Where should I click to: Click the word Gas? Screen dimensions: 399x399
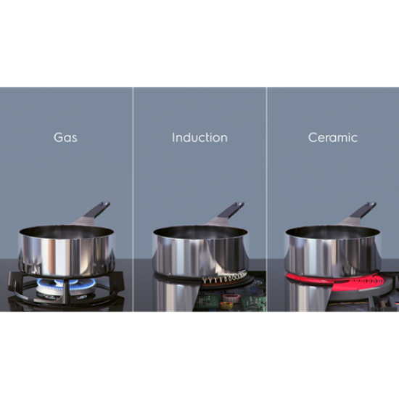click(x=65, y=138)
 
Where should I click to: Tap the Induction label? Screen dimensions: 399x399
click(x=199, y=138)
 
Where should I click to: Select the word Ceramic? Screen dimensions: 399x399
click(x=333, y=138)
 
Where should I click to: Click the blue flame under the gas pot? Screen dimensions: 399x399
click(x=67, y=283)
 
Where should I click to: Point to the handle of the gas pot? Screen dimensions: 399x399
click(x=94, y=213)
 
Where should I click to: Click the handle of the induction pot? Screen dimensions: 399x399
click(x=228, y=213)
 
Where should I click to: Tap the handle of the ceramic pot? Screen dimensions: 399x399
click(x=360, y=213)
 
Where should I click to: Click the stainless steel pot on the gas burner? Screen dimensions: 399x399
click(x=67, y=251)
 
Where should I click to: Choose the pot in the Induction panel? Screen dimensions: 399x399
click(x=200, y=251)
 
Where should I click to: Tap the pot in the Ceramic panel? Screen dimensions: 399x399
click(x=333, y=251)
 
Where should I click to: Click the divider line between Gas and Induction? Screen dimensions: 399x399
click(x=133, y=199)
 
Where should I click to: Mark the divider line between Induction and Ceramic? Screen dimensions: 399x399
click(x=267, y=199)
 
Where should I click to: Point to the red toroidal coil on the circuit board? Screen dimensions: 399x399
click(x=231, y=298)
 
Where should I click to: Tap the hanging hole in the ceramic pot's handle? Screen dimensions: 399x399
click(x=372, y=205)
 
